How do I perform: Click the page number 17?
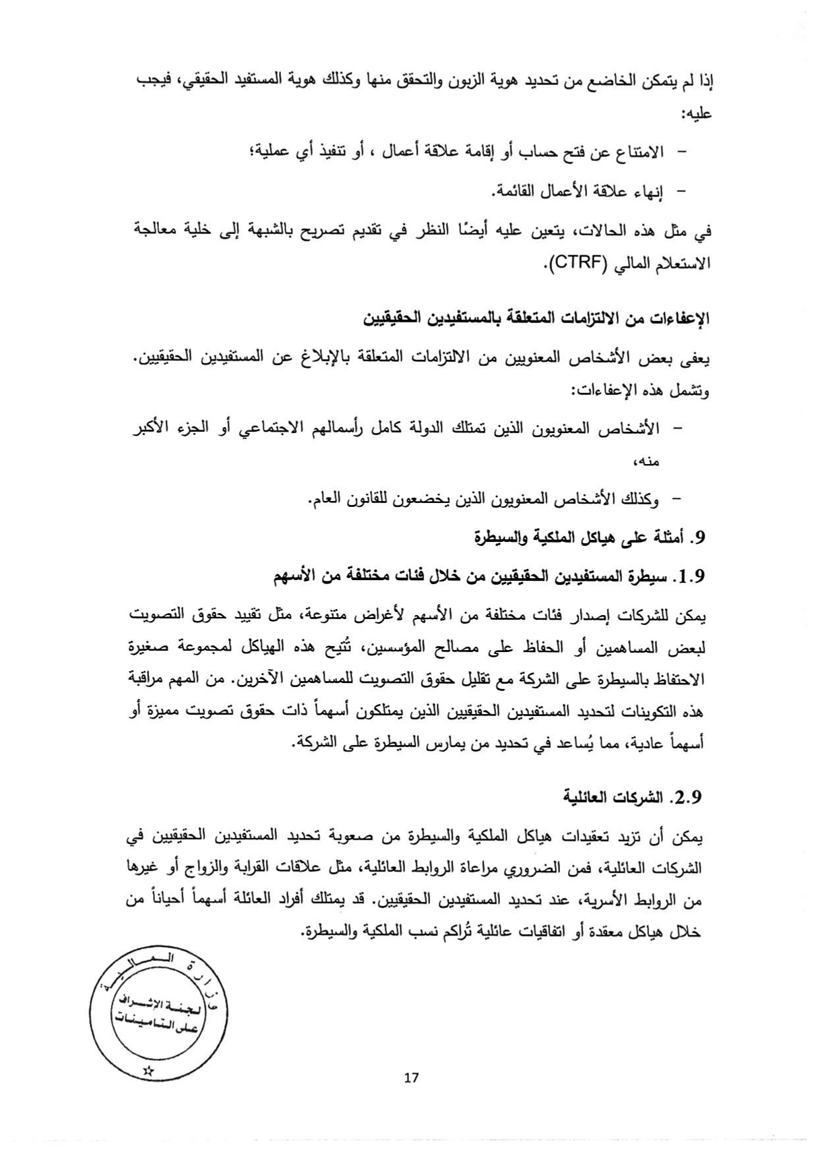tap(411, 1078)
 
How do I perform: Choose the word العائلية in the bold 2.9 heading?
tap(590, 796)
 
